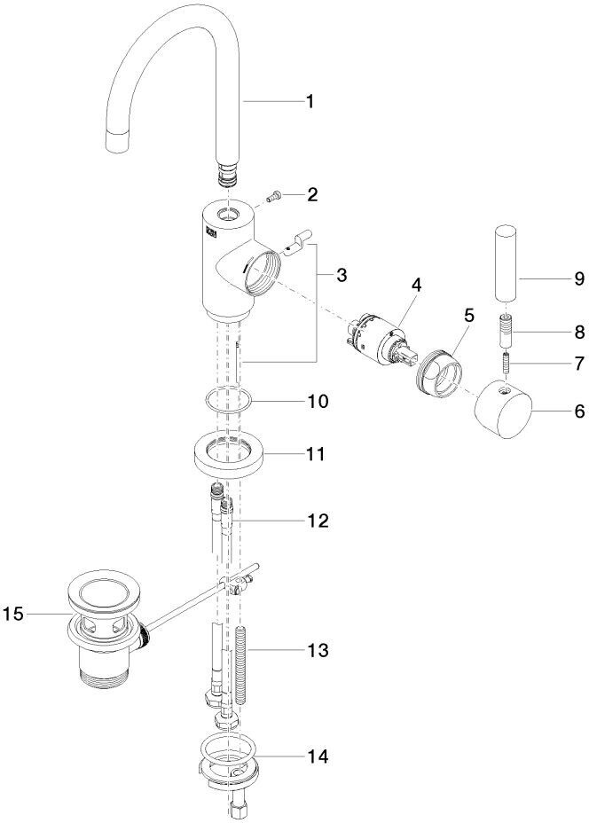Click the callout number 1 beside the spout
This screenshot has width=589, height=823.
(310, 101)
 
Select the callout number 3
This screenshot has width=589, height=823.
(342, 275)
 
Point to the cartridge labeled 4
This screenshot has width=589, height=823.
(380, 339)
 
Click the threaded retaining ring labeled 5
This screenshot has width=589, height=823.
(440, 373)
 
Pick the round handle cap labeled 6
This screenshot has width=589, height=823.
(504, 410)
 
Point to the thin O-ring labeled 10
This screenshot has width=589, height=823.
(227, 401)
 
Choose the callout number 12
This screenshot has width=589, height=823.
(317, 521)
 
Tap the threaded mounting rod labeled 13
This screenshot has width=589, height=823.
(242, 665)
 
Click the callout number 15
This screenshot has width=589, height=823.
(13, 613)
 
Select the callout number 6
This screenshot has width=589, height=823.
(579, 411)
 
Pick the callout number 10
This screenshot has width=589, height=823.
(317, 402)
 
